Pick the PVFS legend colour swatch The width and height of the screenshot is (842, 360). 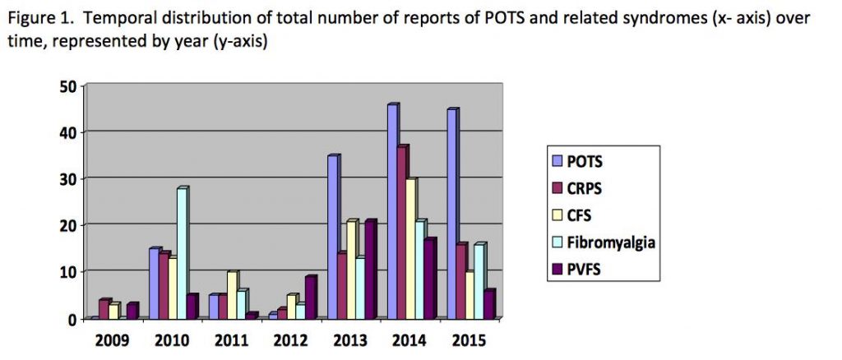pyautogui.click(x=557, y=269)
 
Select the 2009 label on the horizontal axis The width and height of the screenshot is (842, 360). pyautogui.click(x=111, y=339)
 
